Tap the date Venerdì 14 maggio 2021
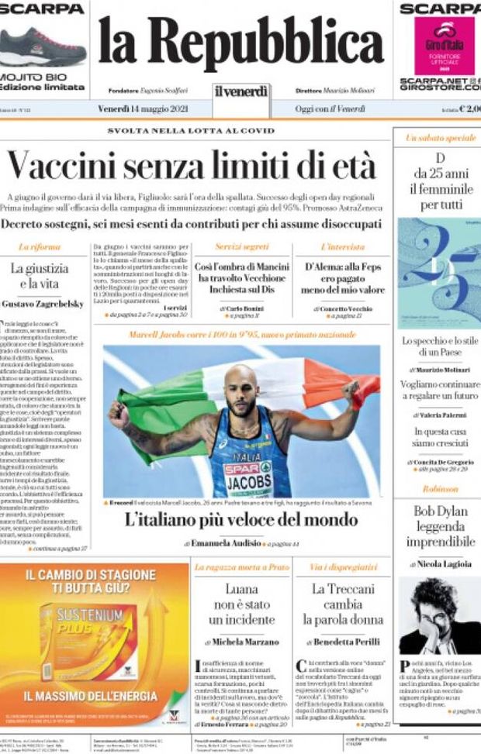(143, 108)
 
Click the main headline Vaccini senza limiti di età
(192, 166)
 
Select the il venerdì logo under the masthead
(241, 92)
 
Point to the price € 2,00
(469, 109)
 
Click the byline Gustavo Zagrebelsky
(47, 304)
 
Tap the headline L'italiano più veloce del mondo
(241, 519)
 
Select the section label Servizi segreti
(241, 246)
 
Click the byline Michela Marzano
(241, 642)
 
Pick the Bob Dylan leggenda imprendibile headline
(438, 527)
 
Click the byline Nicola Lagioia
(440, 564)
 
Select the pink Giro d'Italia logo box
(444, 46)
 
